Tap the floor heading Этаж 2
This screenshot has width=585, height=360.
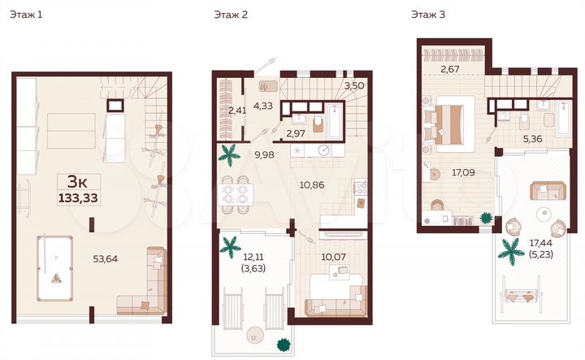tap(232, 14)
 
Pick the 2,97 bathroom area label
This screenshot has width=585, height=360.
tap(296, 132)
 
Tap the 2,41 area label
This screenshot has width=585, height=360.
tap(236, 111)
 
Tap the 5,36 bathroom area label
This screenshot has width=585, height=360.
tap(532, 139)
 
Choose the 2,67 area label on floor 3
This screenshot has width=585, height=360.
tap(450, 69)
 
